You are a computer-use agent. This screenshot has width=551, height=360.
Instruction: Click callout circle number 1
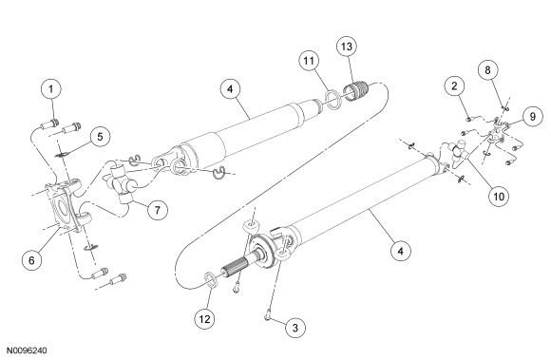pyautogui.click(x=51, y=89)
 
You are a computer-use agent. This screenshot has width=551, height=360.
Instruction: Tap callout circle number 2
pyautogui.click(x=454, y=86)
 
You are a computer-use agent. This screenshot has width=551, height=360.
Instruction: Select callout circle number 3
pyautogui.click(x=294, y=328)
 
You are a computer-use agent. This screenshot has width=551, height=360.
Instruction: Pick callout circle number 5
pyautogui.click(x=100, y=137)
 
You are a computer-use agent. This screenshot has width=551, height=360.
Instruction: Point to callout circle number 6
pyautogui.click(x=31, y=260)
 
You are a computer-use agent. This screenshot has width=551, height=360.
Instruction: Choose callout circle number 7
pyautogui.click(x=157, y=210)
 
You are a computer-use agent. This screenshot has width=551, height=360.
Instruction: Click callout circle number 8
pyautogui.click(x=487, y=70)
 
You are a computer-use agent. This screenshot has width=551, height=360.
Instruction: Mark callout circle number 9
pyautogui.click(x=532, y=116)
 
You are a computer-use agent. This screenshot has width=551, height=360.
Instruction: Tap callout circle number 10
pyautogui.click(x=499, y=196)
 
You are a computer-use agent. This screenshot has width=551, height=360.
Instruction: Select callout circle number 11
pyautogui.click(x=309, y=61)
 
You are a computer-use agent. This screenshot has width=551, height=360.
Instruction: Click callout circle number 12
pyautogui.click(x=204, y=319)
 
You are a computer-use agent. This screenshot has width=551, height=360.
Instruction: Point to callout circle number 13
pyautogui.click(x=347, y=47)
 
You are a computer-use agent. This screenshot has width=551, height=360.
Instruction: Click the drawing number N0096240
pyautogui.click(x=27, y=351)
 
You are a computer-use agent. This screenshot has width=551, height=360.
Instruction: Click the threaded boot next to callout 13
pyautogui.click(x=355, y=91)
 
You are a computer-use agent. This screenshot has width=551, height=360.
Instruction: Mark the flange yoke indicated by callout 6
pyautogui.click(x=64, y=207)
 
